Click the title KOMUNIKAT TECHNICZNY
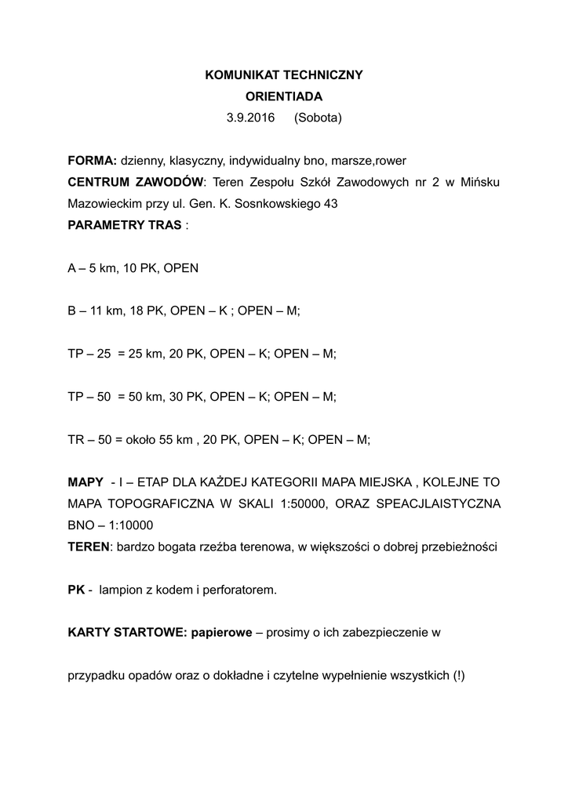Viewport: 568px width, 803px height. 284,75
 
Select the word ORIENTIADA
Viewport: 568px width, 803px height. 284,96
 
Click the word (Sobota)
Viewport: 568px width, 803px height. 319,118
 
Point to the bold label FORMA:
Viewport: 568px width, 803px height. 92,161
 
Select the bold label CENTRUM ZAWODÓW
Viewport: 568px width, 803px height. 136,183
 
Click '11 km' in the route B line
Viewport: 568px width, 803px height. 103,311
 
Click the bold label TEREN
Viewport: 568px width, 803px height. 89,547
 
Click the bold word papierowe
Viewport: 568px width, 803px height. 217,633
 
